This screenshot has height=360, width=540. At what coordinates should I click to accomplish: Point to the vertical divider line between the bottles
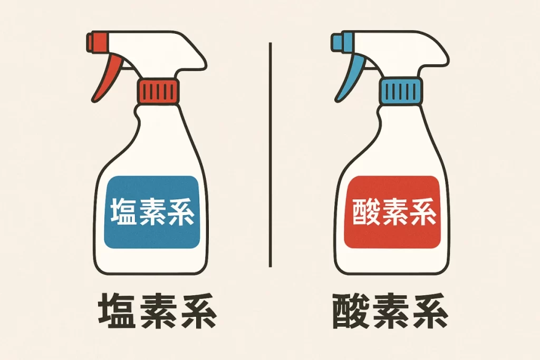point(270,153)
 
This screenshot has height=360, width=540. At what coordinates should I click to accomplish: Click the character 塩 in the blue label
point(123,212)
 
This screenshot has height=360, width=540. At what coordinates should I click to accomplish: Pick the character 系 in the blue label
point(179,212)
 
